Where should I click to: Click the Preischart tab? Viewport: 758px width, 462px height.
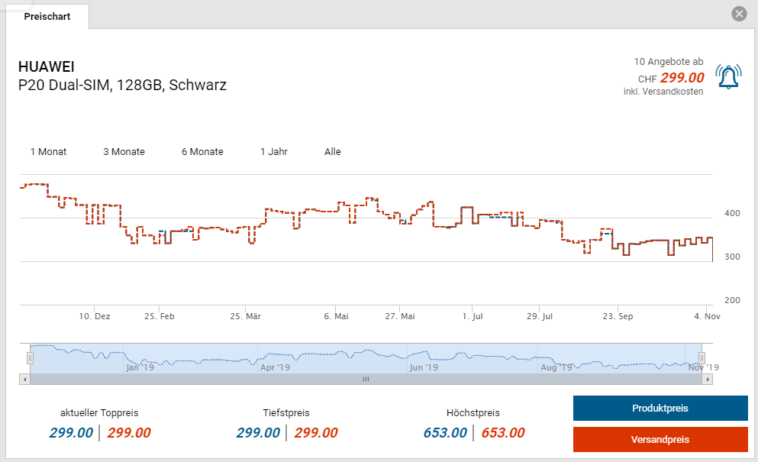point(47,16)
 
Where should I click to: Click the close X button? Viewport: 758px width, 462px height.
point(738,14)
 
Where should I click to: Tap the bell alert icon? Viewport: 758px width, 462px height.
point(728,76)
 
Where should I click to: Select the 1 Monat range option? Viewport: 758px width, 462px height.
point(48,152)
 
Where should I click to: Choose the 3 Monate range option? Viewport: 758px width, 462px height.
point(124,152)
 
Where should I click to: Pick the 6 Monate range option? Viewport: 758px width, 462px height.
point(202,152)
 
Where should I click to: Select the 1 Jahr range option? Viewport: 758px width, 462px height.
point(274,152)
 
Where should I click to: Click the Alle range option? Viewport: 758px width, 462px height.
point(333,152)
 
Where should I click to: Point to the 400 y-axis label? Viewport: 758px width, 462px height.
point(731,213)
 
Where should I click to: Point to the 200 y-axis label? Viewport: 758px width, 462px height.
point(731,300)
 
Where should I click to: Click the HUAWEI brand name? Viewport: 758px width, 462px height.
point(47,66)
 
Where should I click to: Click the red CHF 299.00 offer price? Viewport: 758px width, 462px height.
point(682,77)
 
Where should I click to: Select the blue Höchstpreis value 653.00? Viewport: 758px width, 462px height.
point(445,433)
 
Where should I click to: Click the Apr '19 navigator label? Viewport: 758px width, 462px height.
point(275,367)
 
